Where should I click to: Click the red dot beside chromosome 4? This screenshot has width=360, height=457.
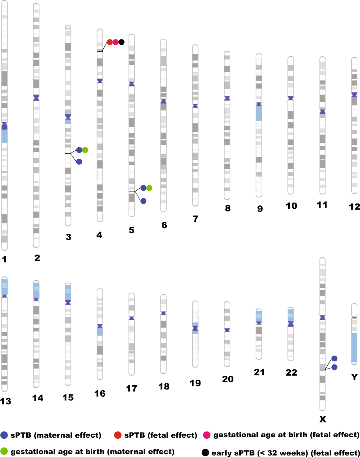(109, 42)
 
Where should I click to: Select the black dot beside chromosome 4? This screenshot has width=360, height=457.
(122, 42)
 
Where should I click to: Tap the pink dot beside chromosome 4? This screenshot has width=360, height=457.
(115, 42)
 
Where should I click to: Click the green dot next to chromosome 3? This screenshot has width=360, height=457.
(85, 150)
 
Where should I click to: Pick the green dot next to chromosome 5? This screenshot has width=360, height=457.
(149, 188)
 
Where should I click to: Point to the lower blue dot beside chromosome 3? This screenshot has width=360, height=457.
(79, 162)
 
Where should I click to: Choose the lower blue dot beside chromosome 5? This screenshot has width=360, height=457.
(143, 201)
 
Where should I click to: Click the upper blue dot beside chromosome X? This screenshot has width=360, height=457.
(335, 358)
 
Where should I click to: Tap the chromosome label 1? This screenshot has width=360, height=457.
(4, 260)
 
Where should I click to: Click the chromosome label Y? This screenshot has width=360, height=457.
(355, 377)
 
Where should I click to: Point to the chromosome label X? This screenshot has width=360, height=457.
(323, 419)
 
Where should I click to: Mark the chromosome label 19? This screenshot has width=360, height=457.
(195, 383)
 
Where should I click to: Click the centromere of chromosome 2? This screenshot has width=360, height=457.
(36, 98)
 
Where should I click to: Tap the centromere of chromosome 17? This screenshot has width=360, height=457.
(131, 318)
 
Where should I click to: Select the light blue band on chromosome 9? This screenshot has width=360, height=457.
(259, 113)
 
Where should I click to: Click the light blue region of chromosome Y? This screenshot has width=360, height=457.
(354, 347)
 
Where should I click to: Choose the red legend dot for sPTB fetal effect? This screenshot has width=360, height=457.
(118, 435)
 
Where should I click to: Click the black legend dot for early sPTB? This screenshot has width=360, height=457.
(205, 452)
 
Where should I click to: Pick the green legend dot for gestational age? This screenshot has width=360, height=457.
(5, 452)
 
